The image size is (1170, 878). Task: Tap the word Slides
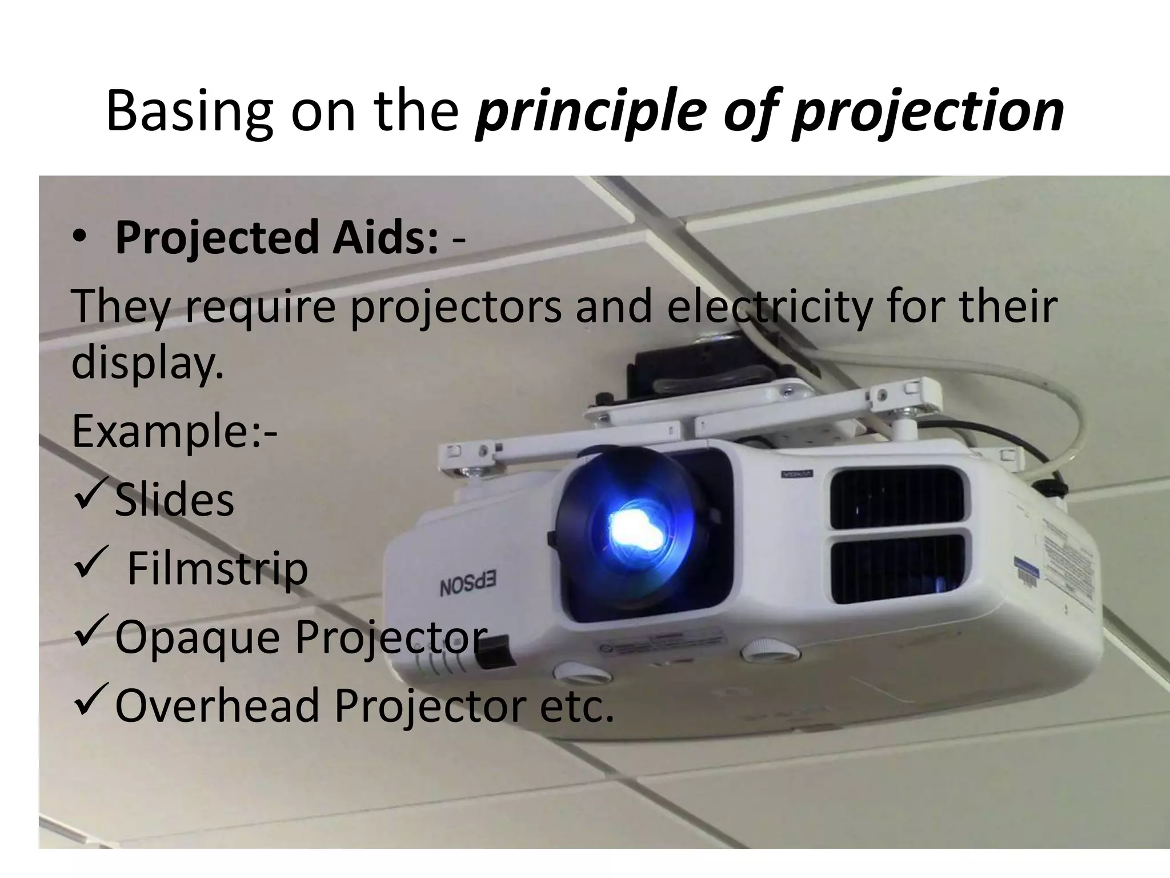(x=174, y=500)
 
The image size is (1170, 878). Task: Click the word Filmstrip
(x=217, y=568)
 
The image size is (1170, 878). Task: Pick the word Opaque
(x=197, y=637)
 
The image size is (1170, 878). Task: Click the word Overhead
(x=217, y=705)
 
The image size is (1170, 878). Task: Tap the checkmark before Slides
(x=90, y=496)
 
